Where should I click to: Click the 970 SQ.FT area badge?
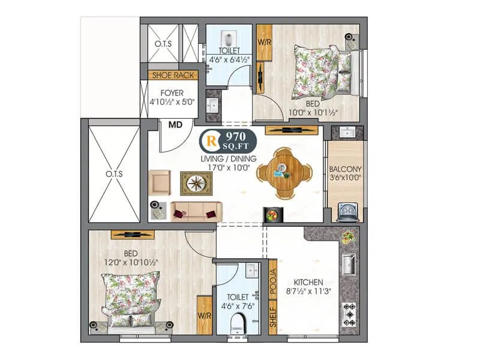(229, 141)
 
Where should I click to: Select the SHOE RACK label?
(173, 75)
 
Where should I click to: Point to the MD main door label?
(175, 125)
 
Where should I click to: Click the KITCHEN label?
(308, 282)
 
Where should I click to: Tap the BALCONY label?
(344, 169)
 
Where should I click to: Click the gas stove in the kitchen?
(349, 314)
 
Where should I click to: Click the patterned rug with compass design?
(196, 183)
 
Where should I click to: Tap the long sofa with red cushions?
(196, 211)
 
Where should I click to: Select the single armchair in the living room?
(160, 182)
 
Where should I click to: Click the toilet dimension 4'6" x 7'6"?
(237, 305)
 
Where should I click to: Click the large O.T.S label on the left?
(114, 174)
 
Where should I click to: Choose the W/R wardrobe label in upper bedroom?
(265, 43)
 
